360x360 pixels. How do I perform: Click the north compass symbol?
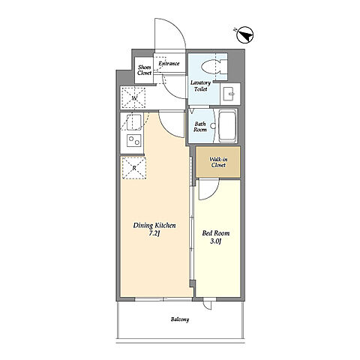(244, 35)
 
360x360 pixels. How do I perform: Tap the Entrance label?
(169, 64)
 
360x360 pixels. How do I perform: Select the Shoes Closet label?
(145, 70)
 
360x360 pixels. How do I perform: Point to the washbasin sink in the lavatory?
(228, 94)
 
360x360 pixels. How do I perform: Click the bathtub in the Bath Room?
(227, 126)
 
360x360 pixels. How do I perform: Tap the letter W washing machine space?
(133, 98)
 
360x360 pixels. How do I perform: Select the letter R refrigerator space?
(134, 168)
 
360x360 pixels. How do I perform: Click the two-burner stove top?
(134, 140)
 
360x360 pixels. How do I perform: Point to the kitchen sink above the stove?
(133, 122)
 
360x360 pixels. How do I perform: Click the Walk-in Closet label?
(218, 162)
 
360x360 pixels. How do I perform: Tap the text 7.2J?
(154, 234)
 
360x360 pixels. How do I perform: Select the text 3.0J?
(215, 241)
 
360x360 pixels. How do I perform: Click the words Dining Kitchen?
(154, 226)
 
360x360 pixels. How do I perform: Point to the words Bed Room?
(216, 233)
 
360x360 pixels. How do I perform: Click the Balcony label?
(180, 319)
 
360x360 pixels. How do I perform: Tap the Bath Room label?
(200, 127)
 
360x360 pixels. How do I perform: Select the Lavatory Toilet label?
(200, 85)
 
